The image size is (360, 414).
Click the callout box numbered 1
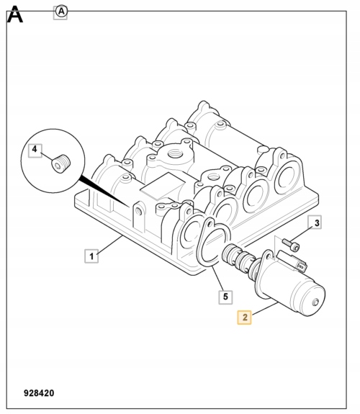(91, 256)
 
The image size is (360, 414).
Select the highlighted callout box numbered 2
(244, 317)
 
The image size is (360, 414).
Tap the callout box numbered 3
(315, 222)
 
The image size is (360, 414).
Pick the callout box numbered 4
(35, 150)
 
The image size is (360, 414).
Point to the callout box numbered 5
(225, 297)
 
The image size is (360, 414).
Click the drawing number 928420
(39, 393)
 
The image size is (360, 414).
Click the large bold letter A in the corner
(15, 14)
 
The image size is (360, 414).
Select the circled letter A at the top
(61, 12)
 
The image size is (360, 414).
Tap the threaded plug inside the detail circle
(60, 163)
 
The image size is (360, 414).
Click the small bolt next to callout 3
(291, 245)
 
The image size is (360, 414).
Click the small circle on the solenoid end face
(315, 302)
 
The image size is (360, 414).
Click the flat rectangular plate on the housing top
(163, 186)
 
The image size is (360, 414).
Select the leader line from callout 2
(265, 309)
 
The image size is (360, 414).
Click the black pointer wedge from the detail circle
(104, 191)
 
